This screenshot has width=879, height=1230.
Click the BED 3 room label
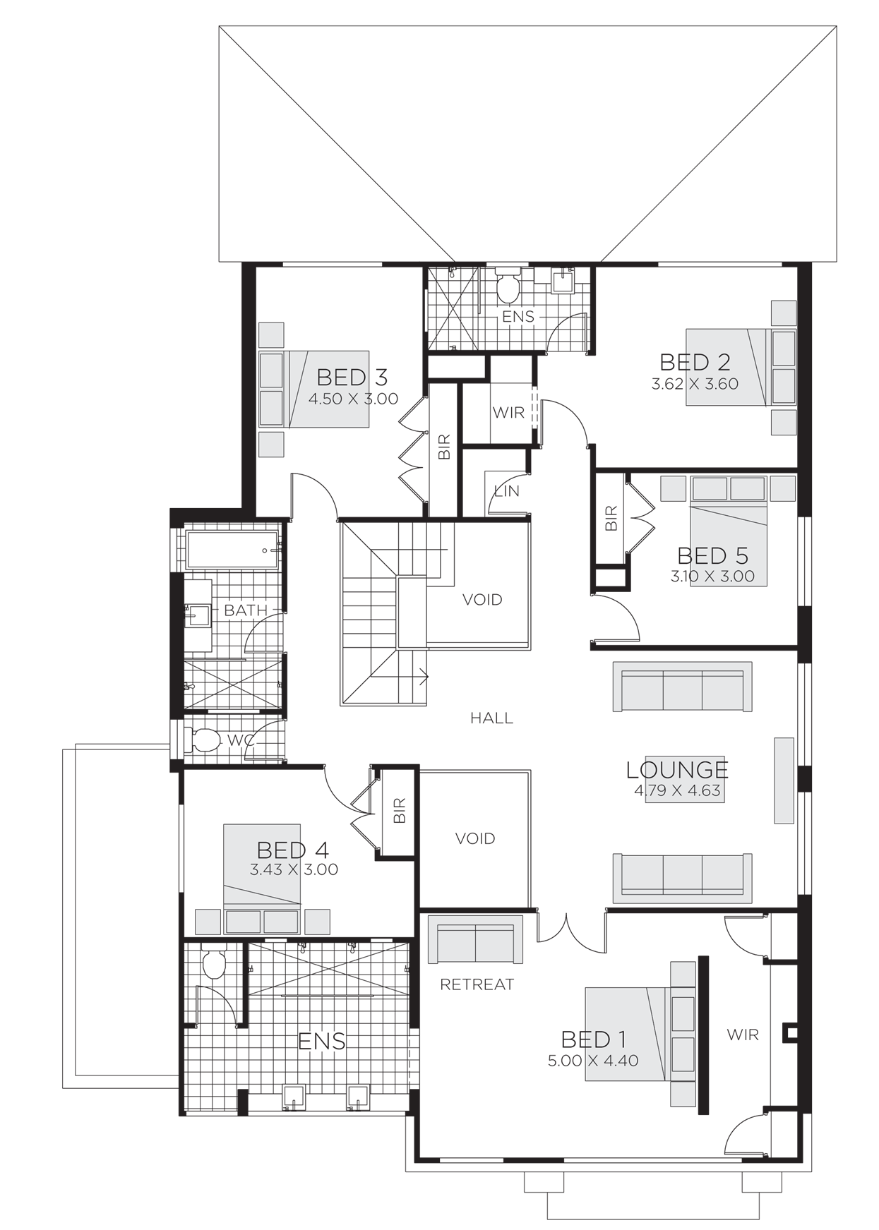click(x=352, y=377)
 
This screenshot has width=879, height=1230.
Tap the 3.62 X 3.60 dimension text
click(x=695, y=385)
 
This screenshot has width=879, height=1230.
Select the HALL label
click(x=492, y=718)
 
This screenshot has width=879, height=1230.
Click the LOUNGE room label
click(x=677, y=769)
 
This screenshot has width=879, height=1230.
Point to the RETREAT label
click(x=477, y=984)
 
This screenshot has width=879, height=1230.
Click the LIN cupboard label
click(x=507, y=491)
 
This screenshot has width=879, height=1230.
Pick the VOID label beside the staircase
click(x=482, y=600)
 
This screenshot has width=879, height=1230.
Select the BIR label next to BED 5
click(x=611, y=519)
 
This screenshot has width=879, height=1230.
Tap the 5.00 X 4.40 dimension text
click(x=593, y=1061)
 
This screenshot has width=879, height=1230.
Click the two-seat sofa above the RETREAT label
click(x=476, y=939)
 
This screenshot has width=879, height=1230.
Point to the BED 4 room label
click(x=292, y=850)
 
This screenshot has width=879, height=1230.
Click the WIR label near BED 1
click(x=743, y=1035)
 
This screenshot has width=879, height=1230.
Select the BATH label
click(x=246, y=610)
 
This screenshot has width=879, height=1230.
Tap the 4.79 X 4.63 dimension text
click(x=677, y=790)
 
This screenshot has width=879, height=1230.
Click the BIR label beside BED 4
click(x=400, y=811)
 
